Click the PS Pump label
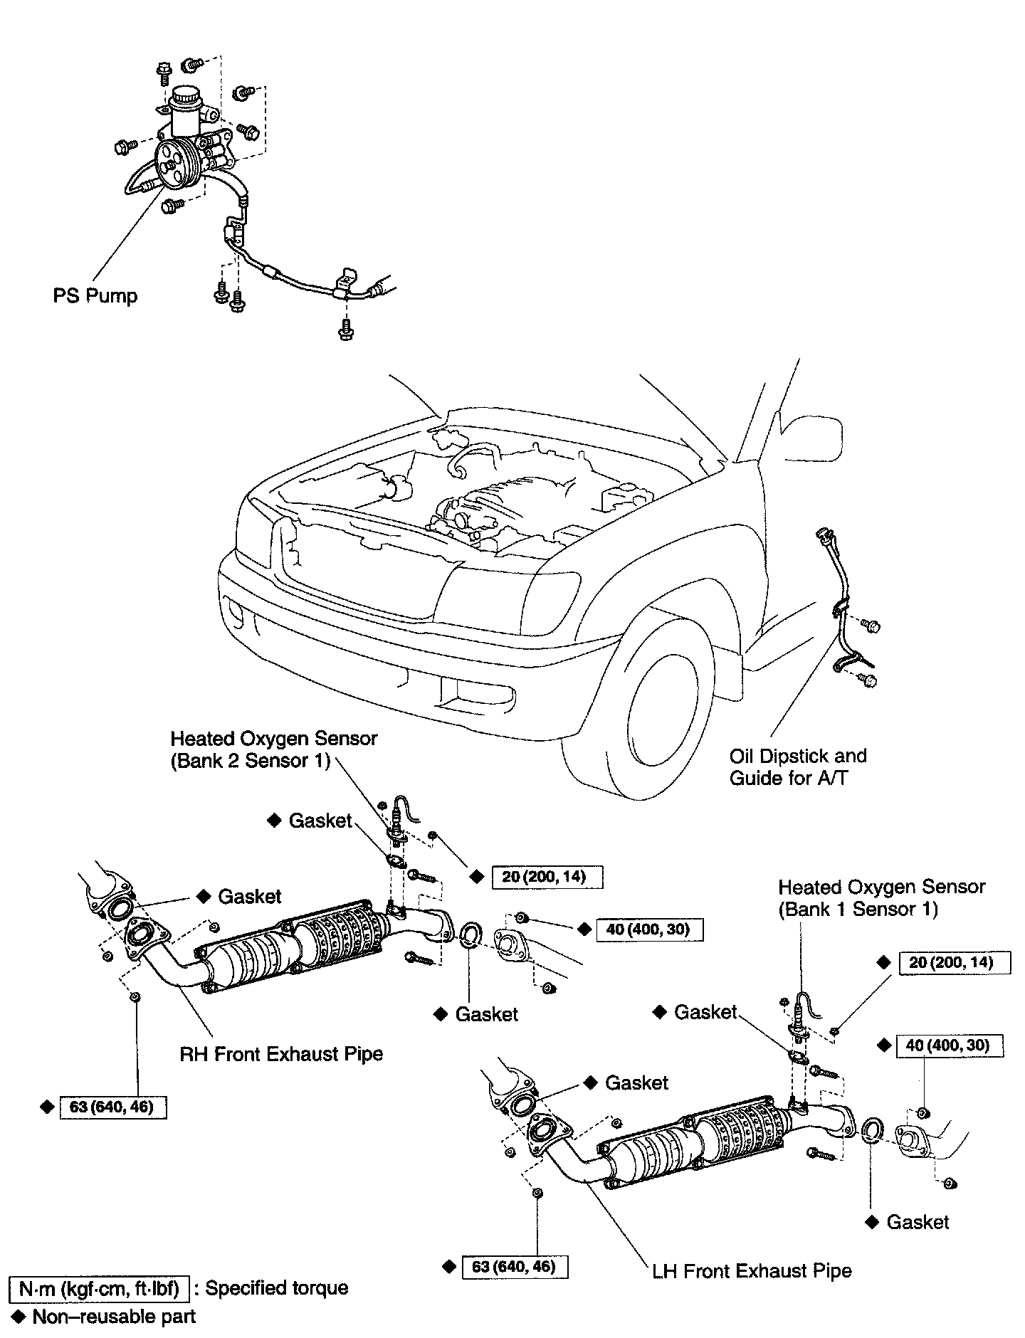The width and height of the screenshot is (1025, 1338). [x=95, y=296]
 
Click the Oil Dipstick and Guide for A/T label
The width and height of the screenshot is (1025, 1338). [x=797, y=767]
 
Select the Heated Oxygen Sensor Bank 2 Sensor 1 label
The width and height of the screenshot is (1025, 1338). [x=274, y=749]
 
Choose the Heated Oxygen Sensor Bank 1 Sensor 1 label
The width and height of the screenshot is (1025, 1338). [x=881, y=897]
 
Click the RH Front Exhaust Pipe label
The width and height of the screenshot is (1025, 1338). [x=281, y=1053]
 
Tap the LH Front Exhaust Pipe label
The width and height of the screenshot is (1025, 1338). [x=752, y=1270]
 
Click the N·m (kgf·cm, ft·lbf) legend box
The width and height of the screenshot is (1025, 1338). [x=98, y=1288]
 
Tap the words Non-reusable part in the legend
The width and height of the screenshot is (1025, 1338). [x=114, y=1317]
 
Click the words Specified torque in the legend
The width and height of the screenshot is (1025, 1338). [x=277, y=1288]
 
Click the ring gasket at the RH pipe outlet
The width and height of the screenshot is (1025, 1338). [x=471, y=934]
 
